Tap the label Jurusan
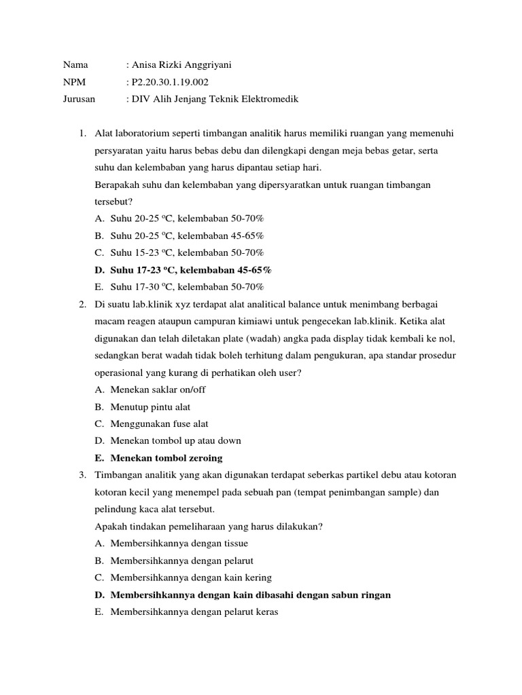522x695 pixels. click(80, 99)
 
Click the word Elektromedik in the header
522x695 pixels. click(272, 99)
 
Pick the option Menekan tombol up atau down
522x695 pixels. click(175, 440)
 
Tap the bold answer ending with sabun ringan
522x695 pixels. click(250, 595)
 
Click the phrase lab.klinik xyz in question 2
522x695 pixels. click(158, 304)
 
